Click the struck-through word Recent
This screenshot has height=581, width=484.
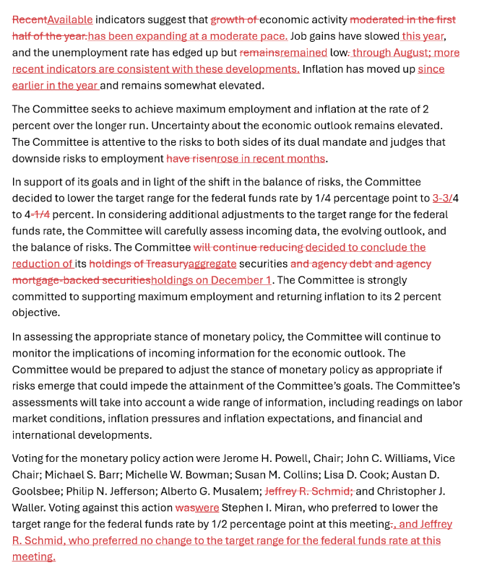tap(29, 19)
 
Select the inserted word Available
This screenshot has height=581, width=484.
tap(70, 19)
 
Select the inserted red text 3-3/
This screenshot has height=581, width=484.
tap(442, 198)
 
